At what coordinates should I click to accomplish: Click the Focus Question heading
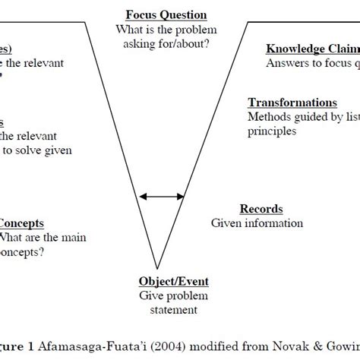pos(166,15)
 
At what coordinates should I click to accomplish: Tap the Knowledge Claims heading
pos(311,49)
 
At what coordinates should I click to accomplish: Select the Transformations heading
pos(292,103)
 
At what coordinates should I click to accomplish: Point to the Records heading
pos(261,209)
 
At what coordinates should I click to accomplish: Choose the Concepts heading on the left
pos(21,223)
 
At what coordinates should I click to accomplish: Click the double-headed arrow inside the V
pos(162,197)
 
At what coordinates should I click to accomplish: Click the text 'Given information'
pos(257,223)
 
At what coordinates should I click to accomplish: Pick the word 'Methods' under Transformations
pos(269,117)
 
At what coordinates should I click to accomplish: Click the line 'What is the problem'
pos(166,30)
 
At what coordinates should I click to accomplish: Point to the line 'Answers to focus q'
pos(311,64)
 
